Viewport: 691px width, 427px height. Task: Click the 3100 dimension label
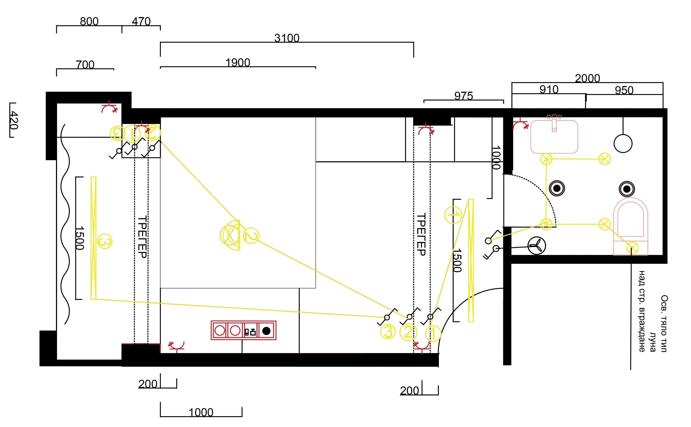[287, 38]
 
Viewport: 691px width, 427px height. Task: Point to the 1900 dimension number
[238, 62]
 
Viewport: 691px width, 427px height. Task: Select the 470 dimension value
[141, 21]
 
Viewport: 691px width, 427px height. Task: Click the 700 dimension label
[85, 65]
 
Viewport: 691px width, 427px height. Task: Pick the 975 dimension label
[463, 96]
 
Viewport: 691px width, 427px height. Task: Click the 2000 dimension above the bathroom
[587, 78]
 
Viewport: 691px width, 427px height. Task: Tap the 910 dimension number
[549, 89]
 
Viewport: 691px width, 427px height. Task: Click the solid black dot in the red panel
[266, 331]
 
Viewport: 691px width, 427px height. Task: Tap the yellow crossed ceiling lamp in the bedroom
[230, 235]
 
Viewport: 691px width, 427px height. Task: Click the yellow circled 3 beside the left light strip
[104, 241]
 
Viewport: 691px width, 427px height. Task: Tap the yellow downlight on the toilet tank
[632, 248]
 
